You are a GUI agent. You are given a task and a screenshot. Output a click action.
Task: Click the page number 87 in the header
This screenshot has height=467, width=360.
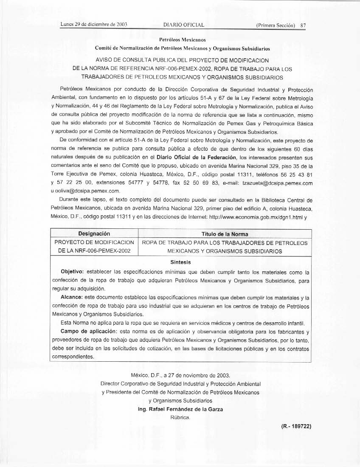[x=303, y=25]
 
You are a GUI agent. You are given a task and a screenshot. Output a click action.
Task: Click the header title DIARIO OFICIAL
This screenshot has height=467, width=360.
[x=184, y=25]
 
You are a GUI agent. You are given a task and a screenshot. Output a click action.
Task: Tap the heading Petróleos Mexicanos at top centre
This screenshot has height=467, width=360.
[x=183, y=40]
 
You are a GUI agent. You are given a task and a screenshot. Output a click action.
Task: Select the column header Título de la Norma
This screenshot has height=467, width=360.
[x=225, y=234]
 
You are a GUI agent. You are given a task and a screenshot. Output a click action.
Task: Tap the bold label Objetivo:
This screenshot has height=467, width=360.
[x=73, y=271]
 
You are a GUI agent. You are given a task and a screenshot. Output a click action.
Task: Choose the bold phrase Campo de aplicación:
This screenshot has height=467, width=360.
[x=87, y=331]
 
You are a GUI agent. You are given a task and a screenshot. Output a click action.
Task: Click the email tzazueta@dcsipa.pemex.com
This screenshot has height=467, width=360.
[x=277, y=183]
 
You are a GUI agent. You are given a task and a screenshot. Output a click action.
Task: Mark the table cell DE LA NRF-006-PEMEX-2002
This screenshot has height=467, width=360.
[x=94, y=251]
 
